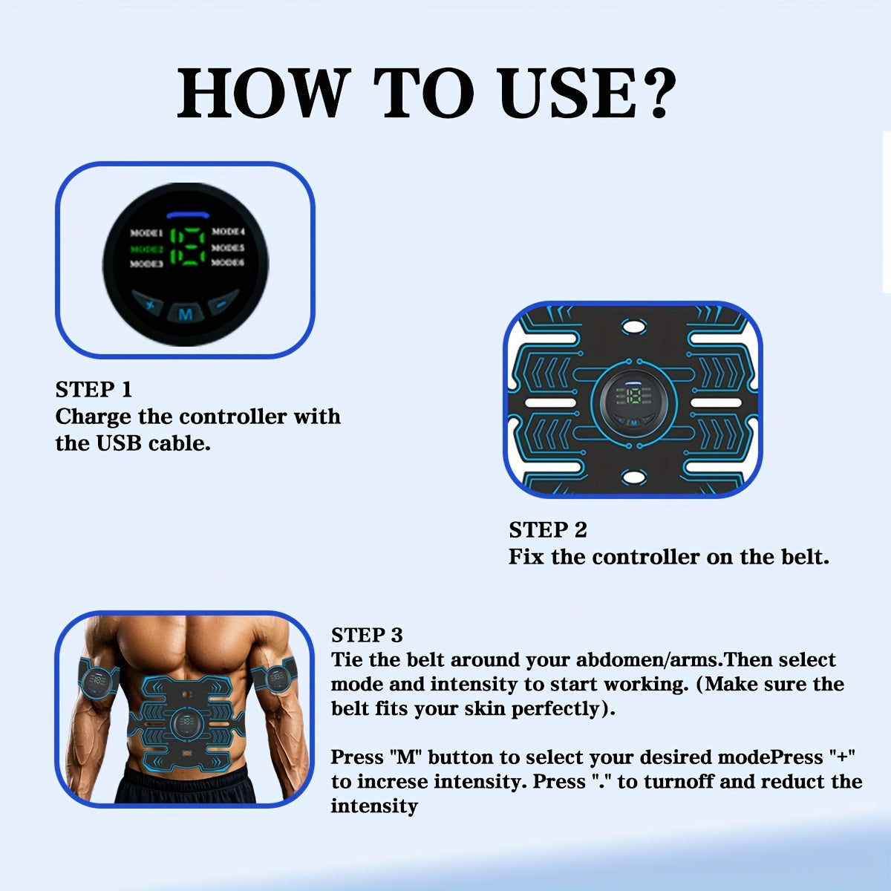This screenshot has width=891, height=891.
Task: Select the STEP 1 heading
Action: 94,389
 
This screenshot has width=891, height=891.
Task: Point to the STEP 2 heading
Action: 548,529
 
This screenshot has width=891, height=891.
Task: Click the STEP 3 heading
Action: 367,635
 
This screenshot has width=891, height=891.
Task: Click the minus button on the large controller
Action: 221,304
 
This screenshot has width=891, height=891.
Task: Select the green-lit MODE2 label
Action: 146,249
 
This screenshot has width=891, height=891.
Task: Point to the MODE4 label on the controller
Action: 228,232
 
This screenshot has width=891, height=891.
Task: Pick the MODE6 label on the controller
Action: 228,263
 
